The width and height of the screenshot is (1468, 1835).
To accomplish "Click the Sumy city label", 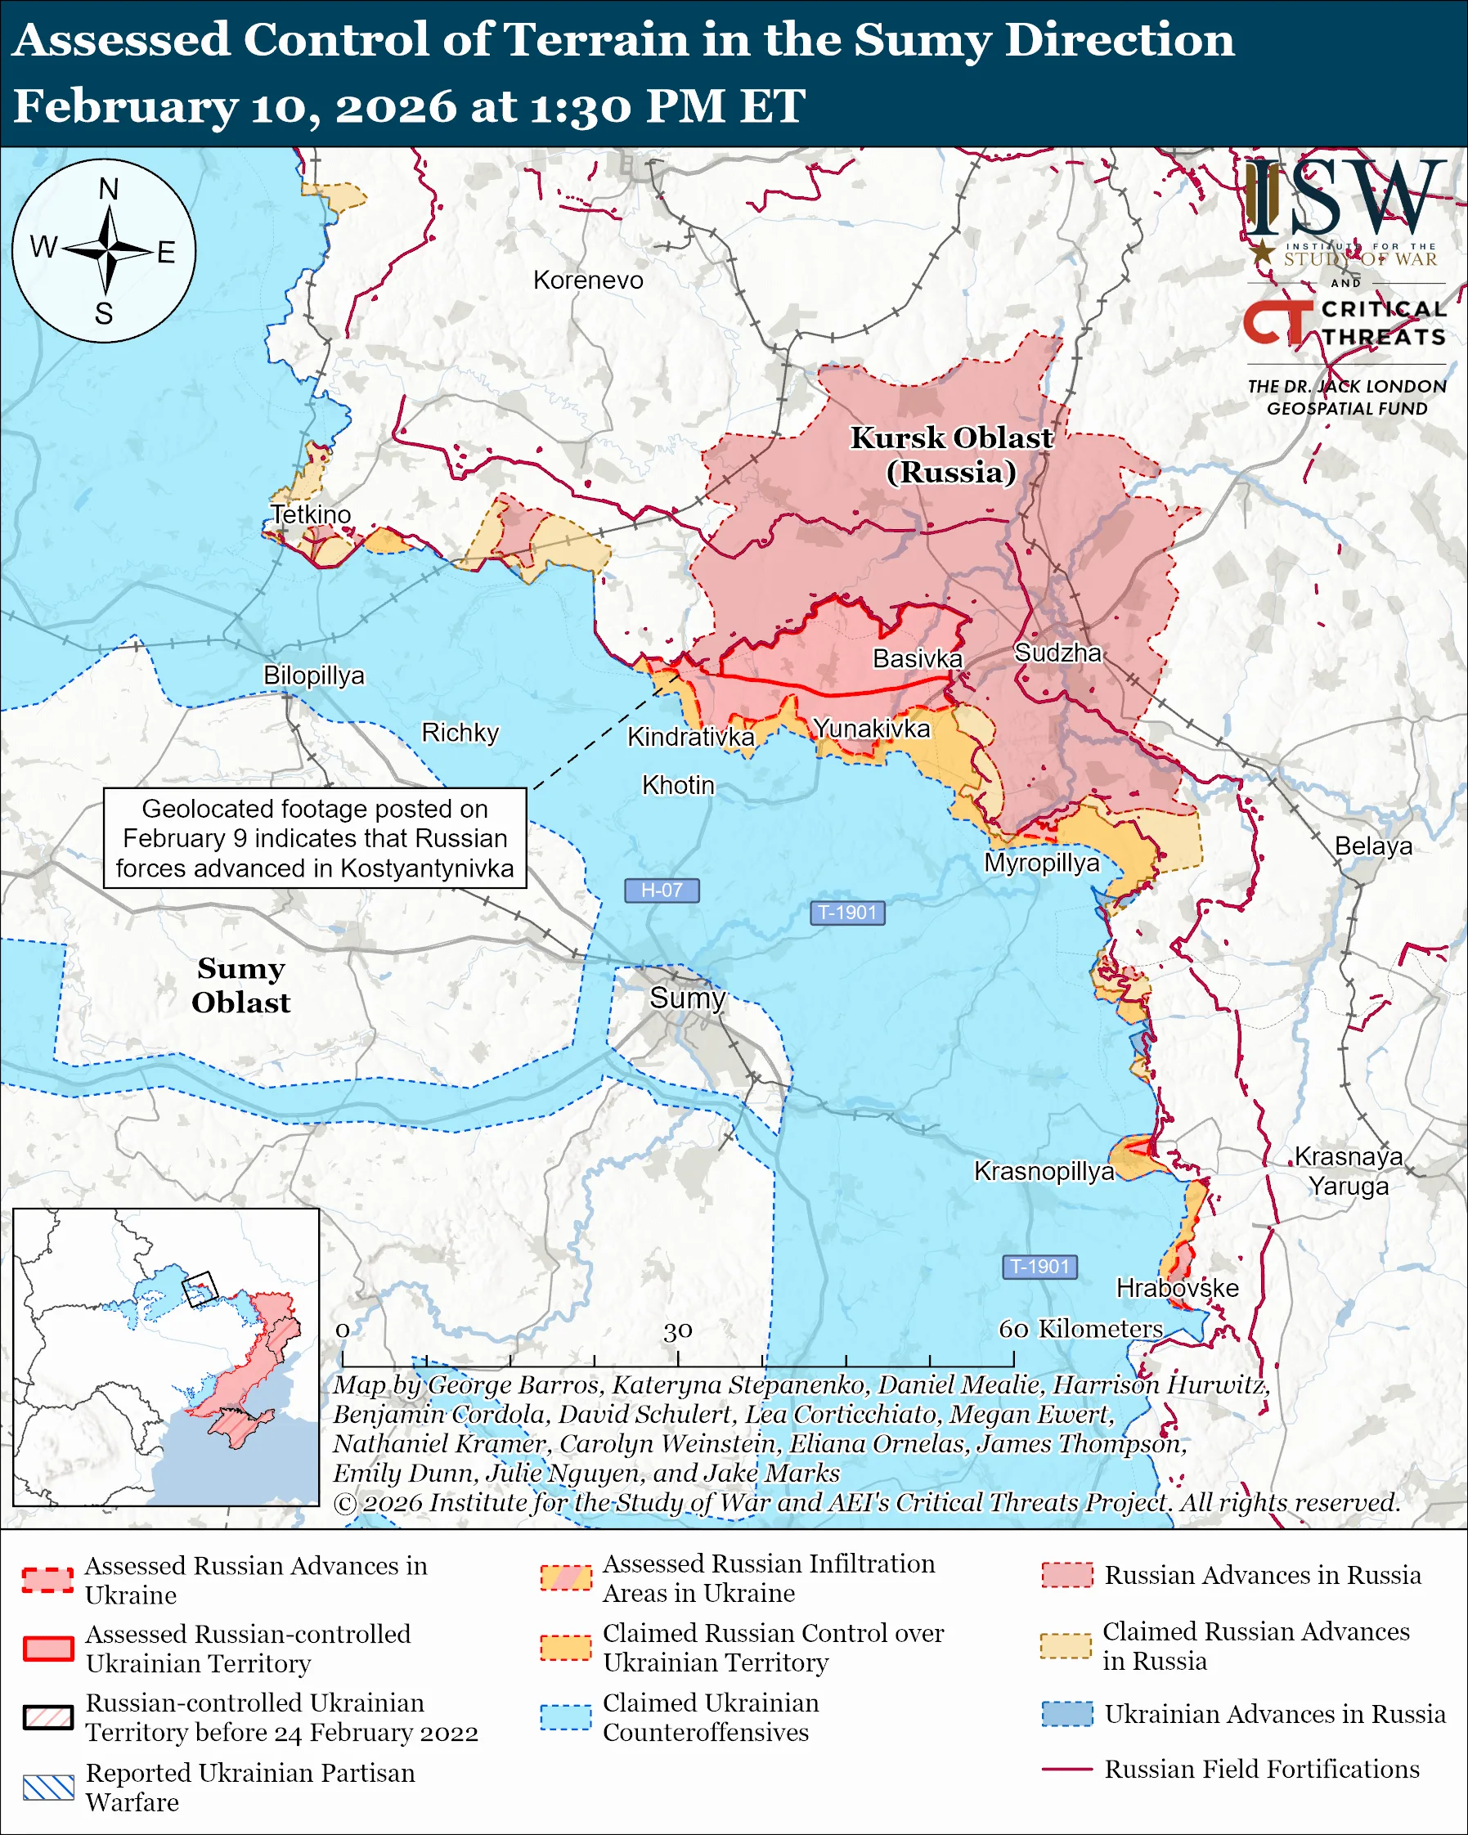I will click(x=687, y=998).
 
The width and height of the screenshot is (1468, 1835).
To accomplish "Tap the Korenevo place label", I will click(x=588, y=280).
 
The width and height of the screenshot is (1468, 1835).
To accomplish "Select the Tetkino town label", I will click(x=311, y=514).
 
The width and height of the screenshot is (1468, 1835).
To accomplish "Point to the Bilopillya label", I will click(x=313, y=675).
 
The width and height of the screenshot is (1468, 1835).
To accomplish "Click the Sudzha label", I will click(x=1057, y=653).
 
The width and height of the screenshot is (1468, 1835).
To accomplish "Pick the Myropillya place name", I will click(x=1042, y=863).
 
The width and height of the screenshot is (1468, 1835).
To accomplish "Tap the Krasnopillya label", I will click(x=1044, y=1171).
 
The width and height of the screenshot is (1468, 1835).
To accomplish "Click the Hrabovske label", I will click(x=1177, y=1288).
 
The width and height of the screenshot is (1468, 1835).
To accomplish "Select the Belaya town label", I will click(x=1372, y=846).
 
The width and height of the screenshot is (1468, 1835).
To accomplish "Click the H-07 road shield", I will click(x=662, y=891).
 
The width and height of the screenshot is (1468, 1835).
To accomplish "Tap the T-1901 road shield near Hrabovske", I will click(x=1039, y=1267).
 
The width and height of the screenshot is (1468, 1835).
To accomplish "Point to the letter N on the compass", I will click(x=108, y=189).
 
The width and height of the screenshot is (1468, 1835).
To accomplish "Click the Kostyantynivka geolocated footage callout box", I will click(x=315, y=838).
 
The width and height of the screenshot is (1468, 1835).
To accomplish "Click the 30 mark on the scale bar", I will click(x=677, y=1330).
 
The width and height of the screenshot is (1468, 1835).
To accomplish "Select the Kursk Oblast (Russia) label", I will click(x=951, y=455).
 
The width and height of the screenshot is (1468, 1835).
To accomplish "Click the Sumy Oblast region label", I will click(x=240, y=985).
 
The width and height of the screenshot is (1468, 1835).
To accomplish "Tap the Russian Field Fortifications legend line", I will click(x=1066, y=1770).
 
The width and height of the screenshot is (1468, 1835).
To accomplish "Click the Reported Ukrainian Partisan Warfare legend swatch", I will click(x=47, y=1788).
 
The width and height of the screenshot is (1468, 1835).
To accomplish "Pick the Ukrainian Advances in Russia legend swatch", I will click(x=1066, y=1714).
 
